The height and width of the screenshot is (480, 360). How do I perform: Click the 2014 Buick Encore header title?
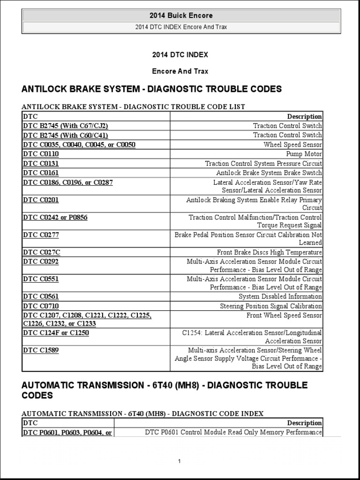pos(180,16)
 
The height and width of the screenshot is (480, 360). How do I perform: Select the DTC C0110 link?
pos(41,154)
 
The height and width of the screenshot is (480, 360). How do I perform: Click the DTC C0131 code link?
pos(41,164)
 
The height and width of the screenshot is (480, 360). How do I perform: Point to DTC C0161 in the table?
pos(41,173)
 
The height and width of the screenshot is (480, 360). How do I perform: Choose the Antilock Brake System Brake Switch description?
pos(269,173)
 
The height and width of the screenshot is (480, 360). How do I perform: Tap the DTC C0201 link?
pos(41,200)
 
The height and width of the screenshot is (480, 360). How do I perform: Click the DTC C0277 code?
pos(41,235)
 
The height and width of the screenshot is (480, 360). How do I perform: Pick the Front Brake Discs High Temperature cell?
pos(270,252)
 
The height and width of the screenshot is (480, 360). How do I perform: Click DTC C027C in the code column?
pos(41,252)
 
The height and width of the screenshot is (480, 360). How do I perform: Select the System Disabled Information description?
pos(280,296)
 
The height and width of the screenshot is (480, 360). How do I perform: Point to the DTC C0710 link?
pos(41,306)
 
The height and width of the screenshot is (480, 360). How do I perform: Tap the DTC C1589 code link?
pos(41,350)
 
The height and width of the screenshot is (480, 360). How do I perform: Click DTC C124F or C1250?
pos(56,333)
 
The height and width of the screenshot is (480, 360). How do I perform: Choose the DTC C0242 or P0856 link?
pos(55,217)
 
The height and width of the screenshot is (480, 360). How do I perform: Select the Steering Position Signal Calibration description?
pos(271,306)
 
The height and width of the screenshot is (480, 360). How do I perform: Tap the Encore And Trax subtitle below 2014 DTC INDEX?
pos(180,72)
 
